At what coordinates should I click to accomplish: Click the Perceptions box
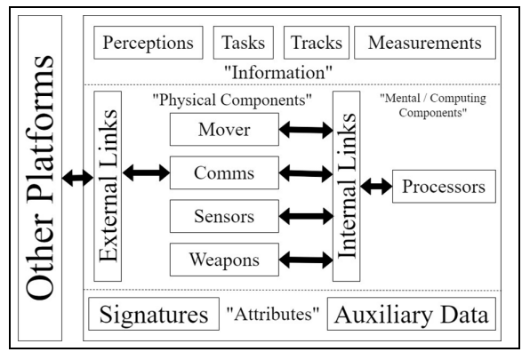click(x=149, y=43)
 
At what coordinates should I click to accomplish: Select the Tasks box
click(x=244, y=43)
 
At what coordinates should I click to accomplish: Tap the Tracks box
click(x=317, y=43)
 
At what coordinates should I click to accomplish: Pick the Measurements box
click(x=425, y=43)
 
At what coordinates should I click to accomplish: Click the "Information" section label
click(x=278, y=72)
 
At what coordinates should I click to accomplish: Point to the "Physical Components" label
click(x=232, y=100)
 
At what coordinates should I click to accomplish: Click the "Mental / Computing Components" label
click(x=433, y=105)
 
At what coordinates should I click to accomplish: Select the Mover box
click(x=224, y=130)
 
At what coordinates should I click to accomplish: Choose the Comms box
click(x=224, y=172)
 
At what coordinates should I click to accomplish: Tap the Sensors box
click(x=224, y=216)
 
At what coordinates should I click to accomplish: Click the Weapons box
click(x=224, y=260)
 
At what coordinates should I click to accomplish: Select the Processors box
click(x=444, y=187)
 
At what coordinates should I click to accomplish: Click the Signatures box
click(x=154, y=314)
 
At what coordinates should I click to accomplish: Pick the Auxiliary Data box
click(x=412, y=314)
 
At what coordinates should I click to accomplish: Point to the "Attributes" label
click(x=272, y=314)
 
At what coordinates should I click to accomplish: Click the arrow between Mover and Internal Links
click(x=306, y=130)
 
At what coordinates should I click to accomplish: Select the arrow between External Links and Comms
click(x=146, y=173)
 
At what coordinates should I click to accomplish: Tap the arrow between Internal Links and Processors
click(x=376, y=187)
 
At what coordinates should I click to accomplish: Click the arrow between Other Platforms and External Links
click(x=77, y=178)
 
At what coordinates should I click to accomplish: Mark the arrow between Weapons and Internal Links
click(x=306, y=260)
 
